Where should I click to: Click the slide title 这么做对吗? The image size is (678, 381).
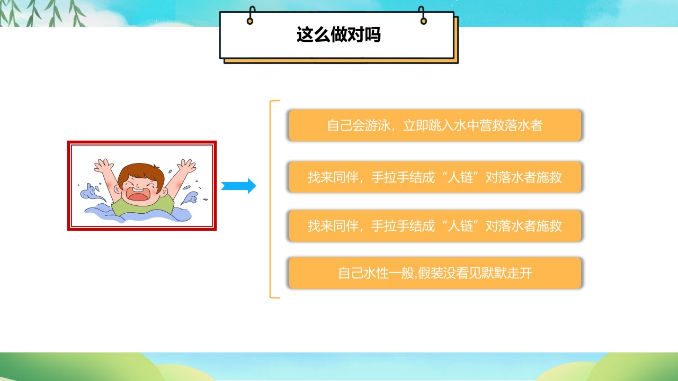338,34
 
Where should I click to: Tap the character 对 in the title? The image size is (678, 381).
355,34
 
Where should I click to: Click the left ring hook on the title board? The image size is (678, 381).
251,15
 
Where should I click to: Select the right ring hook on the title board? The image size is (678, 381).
423,15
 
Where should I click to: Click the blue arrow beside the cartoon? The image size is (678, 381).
238,186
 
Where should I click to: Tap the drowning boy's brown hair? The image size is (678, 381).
141,175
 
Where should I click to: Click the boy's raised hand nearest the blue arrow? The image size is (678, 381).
186,166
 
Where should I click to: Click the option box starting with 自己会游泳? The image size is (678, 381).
435,125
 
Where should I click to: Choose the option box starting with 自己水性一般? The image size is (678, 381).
435,273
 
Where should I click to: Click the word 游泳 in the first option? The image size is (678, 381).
378,125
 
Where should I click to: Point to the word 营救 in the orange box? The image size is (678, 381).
492,125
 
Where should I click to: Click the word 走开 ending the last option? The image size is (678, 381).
520,273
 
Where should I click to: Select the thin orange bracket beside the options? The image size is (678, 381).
270,199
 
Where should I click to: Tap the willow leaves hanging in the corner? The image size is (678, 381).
42,14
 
